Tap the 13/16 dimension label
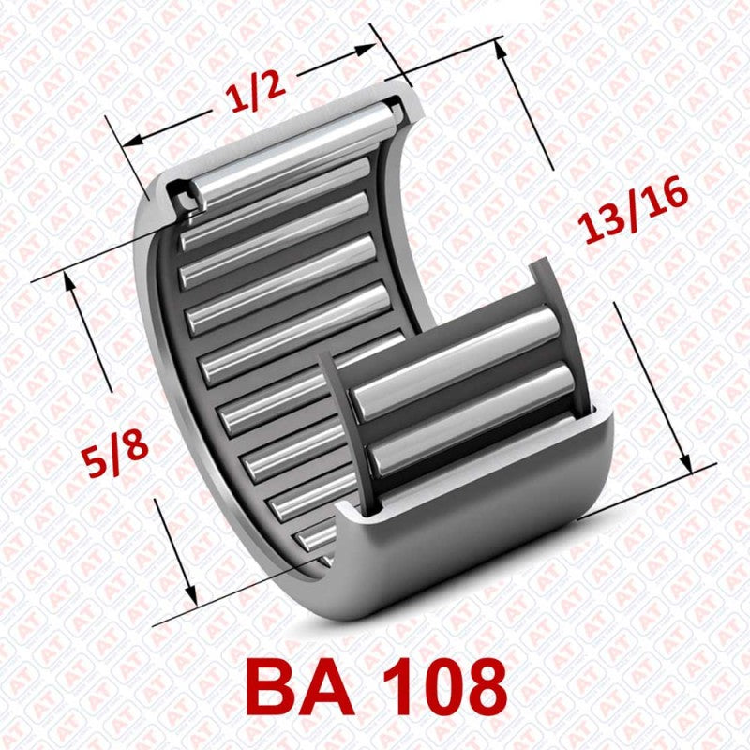(634, 213)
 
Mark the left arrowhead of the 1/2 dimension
(131, 142)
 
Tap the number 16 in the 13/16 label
(666, 199)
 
